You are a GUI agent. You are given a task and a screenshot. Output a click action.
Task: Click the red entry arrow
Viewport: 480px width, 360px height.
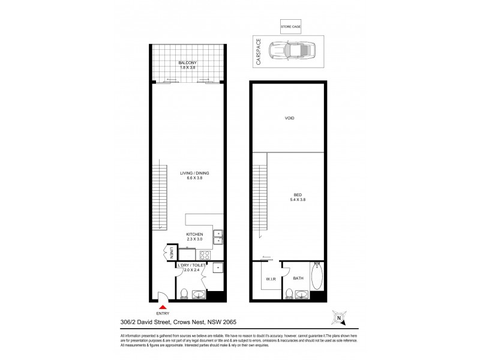[161, 307]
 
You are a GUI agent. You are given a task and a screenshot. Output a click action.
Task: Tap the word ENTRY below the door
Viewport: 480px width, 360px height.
[162, 313]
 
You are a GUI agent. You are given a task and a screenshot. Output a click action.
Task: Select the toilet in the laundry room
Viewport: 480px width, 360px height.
[184, 293]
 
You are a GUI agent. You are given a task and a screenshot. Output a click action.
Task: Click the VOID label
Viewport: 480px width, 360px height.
[289, 118]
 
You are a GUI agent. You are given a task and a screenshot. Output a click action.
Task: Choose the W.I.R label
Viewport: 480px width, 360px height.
[270, 279]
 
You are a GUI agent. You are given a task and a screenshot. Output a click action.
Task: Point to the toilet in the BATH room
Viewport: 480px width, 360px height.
[289, 293]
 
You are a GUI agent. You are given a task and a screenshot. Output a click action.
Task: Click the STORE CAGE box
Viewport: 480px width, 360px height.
[290, 27]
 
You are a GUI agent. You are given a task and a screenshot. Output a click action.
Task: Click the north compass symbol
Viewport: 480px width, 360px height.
[339, 317]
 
